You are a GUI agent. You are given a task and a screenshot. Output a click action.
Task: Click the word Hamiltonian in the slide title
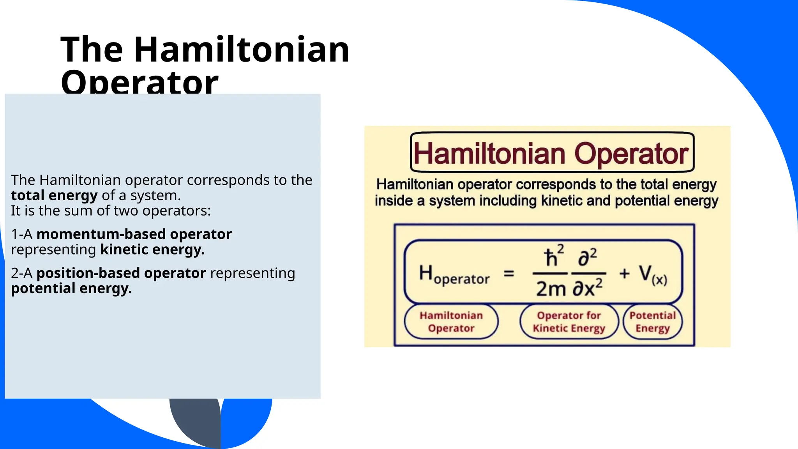242,49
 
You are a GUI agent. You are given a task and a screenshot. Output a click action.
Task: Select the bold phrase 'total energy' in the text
54,195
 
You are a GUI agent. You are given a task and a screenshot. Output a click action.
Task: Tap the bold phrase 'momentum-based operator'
134,234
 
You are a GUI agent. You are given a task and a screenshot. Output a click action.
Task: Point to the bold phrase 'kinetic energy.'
152,249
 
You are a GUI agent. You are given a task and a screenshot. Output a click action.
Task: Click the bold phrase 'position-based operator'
121,273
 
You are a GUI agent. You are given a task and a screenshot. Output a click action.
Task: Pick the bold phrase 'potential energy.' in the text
71,288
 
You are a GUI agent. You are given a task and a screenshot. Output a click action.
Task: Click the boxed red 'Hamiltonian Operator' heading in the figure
552,153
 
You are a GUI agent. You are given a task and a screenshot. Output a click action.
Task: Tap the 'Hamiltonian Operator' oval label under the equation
451,322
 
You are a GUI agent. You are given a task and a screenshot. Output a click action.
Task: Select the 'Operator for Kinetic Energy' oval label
569,322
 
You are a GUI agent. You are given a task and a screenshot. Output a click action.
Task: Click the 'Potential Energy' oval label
653,322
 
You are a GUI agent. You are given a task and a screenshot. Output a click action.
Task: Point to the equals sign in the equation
509,274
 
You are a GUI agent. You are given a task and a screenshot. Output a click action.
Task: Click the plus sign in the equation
624,274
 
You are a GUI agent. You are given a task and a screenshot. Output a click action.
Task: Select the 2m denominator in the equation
551,289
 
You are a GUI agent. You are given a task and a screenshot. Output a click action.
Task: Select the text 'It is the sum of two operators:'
111,211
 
